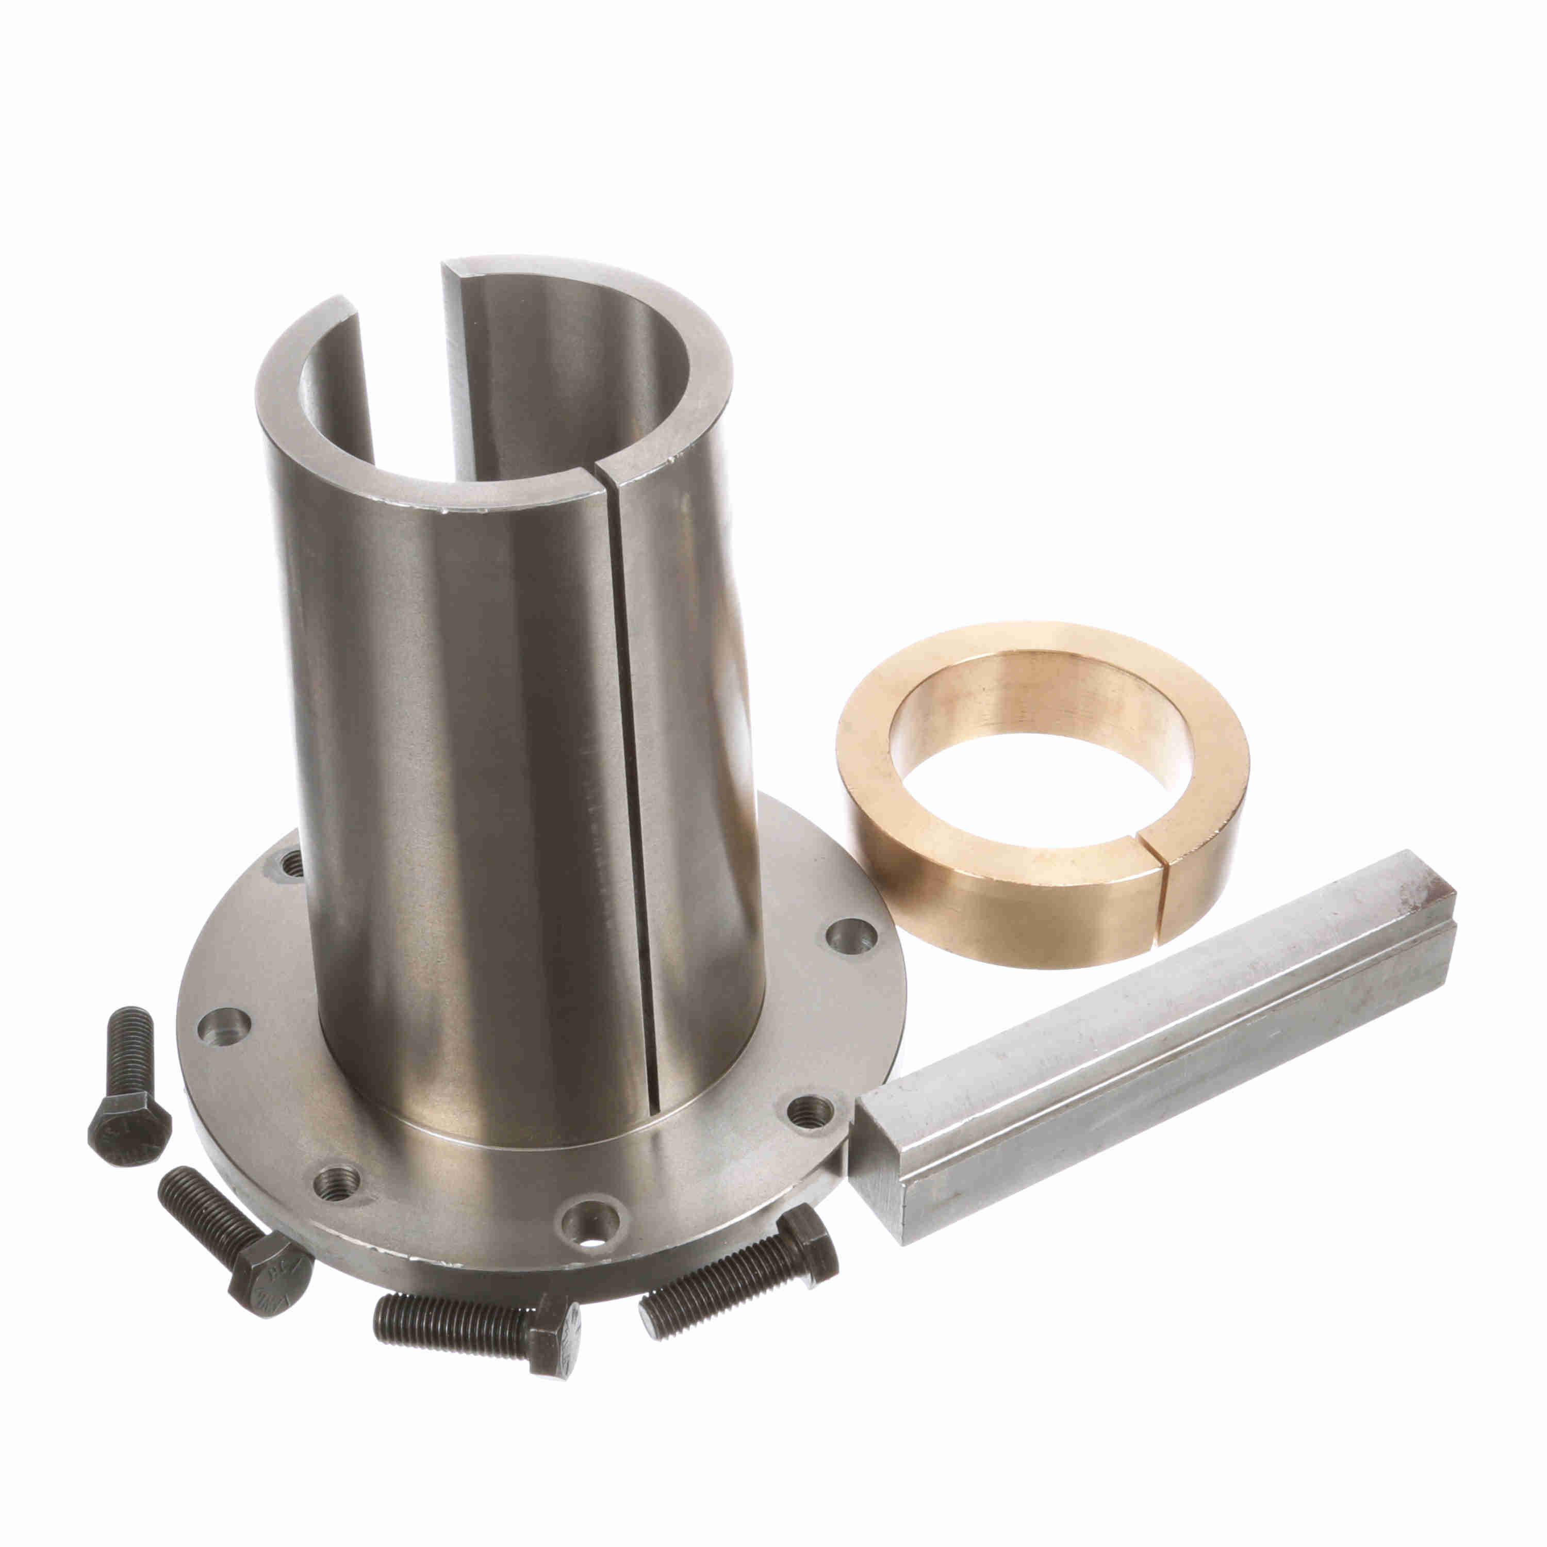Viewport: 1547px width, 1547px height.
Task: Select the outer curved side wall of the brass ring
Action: coord(1001,905)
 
